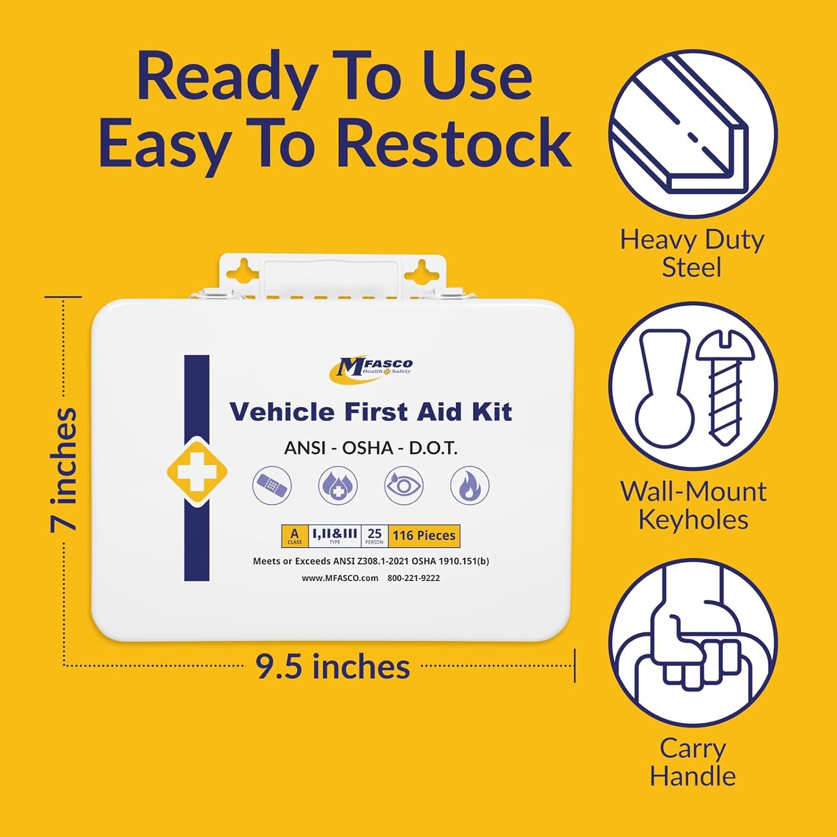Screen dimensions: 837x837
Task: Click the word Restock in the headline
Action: coord(454,142)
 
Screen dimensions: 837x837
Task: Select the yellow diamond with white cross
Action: coord(197,472)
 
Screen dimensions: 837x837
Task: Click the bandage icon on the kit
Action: coord(272,485)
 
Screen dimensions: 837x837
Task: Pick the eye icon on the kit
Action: coord(404,485)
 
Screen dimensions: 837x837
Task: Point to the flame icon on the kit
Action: coord(470,485)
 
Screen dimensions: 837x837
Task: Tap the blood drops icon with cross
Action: coord(338,485)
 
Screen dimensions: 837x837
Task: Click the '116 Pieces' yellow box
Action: coord(424,536)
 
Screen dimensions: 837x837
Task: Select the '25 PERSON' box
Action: coord(374,536)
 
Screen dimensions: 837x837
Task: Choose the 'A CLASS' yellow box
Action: coord(295,536)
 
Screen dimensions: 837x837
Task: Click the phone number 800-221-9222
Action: coord(414,578)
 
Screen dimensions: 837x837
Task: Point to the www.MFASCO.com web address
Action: coord(340,578)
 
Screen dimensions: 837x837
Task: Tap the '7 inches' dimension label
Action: coord(64,469)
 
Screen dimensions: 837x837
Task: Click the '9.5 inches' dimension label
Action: coord(333,667)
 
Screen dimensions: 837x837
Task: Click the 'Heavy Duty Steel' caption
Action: coord(692,254)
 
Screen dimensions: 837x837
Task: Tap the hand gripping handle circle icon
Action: coord(693,644)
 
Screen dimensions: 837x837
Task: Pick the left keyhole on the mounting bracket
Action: coord(244,270)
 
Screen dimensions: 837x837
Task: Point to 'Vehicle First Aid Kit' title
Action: coord(371,412)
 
